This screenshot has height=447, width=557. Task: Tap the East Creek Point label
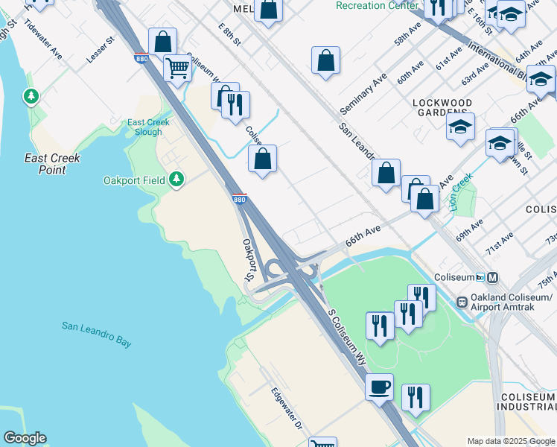click(x=52, y=164)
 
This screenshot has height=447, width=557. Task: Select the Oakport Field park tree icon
click(x=176, y=179)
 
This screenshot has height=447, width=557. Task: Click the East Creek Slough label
click(x=144, y=127)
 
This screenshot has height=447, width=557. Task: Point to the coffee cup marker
click(x=379, y=387)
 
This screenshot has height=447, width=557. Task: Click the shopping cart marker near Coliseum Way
click(x=177, y=69)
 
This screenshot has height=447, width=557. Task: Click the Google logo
click(x=25, y=438)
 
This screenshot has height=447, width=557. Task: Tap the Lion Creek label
click(x=462, y=192)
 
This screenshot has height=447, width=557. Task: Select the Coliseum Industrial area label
click(x=528, y=402)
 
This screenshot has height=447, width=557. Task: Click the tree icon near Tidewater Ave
click(x=31, y=96)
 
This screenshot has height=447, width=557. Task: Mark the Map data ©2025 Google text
click(x=510, y=440)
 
